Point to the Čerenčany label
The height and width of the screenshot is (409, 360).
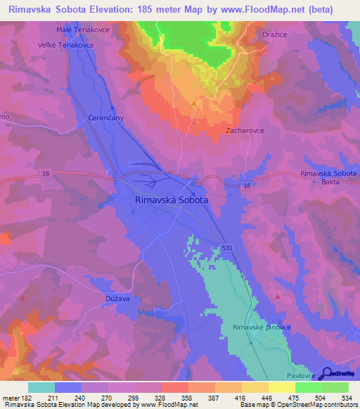click(105, 117)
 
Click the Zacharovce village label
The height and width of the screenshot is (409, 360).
click(244, 130)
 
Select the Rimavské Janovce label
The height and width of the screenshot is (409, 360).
click(260, 327)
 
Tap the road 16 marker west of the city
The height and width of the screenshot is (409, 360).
click(46, 173)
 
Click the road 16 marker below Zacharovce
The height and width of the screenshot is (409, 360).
click(246, 186)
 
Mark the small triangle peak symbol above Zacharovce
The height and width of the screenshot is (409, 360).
click(195, 103)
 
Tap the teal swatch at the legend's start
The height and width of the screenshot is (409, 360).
click(41, 387)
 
